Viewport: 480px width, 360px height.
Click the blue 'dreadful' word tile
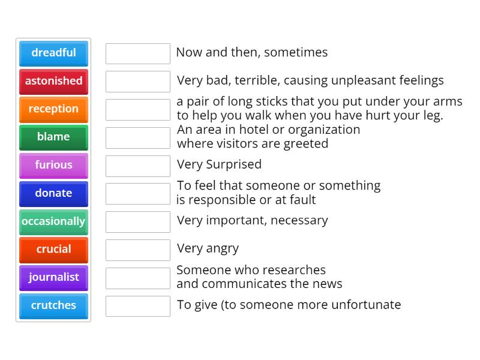pyautogui.click(x=53, y=53)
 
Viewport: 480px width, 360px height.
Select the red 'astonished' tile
pyautogui.click(x=53, y=82)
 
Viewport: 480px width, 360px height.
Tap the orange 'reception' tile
pyautogui.click(x=53, y=110)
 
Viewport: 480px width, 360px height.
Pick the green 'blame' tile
pyautogui.click(x=53, y=137)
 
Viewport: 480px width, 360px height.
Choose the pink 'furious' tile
pyautogui.click(x=53, y=166)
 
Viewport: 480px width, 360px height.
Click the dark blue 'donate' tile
pyautogui.click(x=53, y=194)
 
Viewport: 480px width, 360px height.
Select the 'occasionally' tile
pyautogui.click(x=53, y=222)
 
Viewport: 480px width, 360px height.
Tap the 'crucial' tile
pyautogui.click(x=53, y=250)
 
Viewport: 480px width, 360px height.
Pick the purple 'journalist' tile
pyautogui.click(x=53, y=278)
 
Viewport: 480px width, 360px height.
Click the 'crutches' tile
pyautogui.click(x=53, y=306)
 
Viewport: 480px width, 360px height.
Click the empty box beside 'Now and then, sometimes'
pyautogui.click(x=138, y=53)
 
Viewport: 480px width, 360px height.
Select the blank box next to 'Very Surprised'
pyautogui.click(x=138, y=166)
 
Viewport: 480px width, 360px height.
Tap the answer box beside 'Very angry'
pyautogui.click(x=138, y=250)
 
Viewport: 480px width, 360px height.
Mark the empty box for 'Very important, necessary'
pyautogui.click(x=138, y=222)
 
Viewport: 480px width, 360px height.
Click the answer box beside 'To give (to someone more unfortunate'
pyautogui.click(x=138, y=306)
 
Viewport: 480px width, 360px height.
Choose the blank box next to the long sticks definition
pyautogui.click(x=138, y=110)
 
